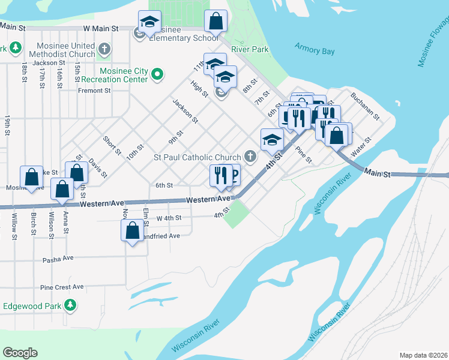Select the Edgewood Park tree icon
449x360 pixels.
71,305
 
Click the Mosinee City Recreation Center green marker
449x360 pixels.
157,74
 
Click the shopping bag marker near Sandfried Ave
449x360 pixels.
132,230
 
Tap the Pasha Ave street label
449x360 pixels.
58,260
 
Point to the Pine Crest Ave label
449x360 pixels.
62,287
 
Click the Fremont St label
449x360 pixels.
95,91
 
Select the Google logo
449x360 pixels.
20,353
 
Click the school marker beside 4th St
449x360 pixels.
272,139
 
